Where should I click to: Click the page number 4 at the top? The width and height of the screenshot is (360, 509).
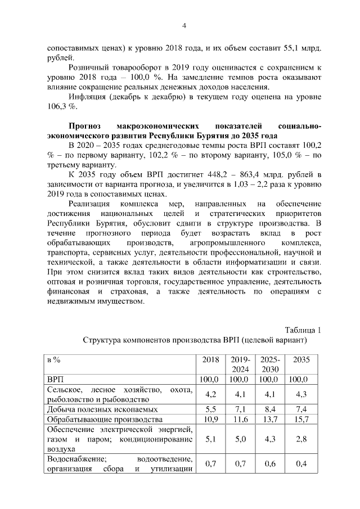[183, 25]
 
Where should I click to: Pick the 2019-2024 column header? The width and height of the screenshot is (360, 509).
[240, 364]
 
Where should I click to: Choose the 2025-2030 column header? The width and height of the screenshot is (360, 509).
[269, 364]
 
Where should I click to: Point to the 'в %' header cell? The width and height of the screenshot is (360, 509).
[54, 359]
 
